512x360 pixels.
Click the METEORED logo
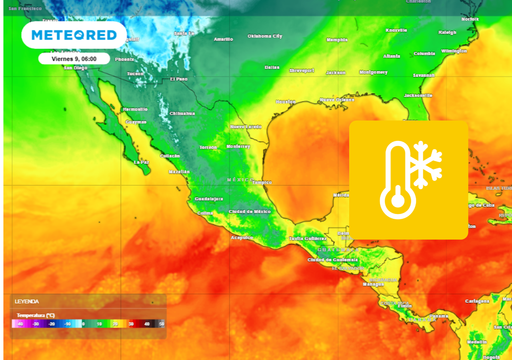click(x=73, y=35)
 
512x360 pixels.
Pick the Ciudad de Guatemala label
click(x=331, y=259)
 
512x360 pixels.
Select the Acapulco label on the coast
click(x=240, y=238)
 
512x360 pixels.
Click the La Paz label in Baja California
click(x=141, y=162)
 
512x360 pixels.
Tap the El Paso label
click(x=179, y=78)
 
